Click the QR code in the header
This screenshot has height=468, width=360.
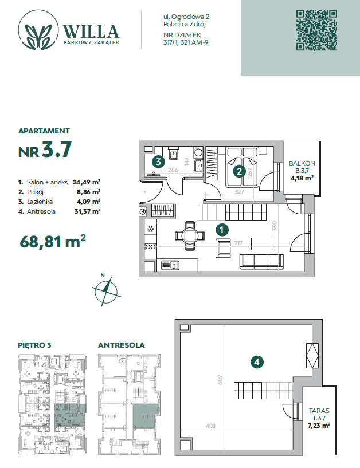[x=316, y=30]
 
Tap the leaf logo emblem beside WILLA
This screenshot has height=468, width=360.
[x=38, y=30]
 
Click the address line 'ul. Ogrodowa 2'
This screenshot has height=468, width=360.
[x=186, y=17]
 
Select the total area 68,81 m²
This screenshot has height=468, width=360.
[x=53, y=242]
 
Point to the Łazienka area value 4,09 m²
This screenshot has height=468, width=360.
[x=88, y=202]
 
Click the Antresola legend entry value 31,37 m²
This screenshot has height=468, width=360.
[x=87, y=211]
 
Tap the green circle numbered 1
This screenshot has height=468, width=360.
[x=222, y=230]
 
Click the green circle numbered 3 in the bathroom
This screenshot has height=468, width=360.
[x=158, y=162]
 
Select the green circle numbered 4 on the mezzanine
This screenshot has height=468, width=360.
[x=257, y=363]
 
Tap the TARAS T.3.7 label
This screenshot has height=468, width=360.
[x=319, y=418]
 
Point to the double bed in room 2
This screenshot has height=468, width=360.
[x=242, y=167]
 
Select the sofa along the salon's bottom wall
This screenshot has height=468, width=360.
[x=261, y=262]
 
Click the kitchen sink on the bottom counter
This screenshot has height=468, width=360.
[x=170, y=265]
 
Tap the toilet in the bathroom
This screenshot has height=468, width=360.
[x=173, y=153]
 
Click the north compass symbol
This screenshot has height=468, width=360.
[x=105, y=291]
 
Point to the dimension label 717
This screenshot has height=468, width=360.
[x=238, y=243]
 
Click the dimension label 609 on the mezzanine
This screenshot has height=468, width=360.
[x=220, y=380]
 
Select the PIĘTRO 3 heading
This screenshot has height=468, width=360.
[x=34, y=345]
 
